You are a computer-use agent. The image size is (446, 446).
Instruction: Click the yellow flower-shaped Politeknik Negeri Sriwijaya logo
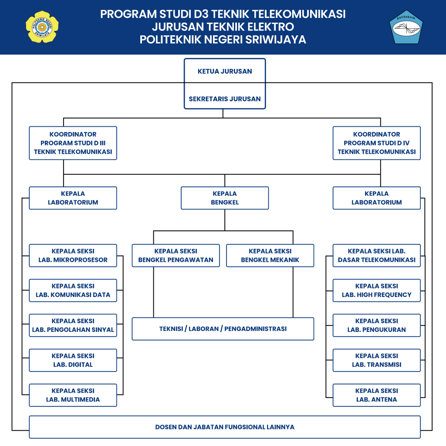42,27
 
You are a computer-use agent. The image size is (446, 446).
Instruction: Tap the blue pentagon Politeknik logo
406,27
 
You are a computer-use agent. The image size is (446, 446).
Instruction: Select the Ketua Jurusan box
225,71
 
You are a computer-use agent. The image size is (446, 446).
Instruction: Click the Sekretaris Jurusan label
225,99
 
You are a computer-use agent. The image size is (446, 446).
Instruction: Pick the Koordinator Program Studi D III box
73,143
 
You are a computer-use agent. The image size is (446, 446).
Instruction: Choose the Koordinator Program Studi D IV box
377,143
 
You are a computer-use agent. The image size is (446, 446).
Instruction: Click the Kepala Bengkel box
225,198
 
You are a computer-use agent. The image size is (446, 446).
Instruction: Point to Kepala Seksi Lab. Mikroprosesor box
73,255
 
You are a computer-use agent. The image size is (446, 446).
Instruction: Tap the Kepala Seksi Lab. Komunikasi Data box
73,291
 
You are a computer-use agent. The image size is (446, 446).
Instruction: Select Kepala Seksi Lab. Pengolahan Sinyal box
73,325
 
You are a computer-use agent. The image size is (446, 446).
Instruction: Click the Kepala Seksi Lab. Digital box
73,360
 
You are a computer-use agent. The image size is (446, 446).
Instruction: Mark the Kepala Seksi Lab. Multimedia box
73,395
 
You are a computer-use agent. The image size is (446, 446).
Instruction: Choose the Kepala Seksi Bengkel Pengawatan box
176,255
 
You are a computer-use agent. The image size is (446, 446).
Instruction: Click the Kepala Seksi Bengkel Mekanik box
270,255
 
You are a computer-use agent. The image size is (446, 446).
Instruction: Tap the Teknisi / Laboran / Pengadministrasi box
223,329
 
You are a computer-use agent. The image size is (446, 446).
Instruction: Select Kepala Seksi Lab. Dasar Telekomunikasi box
377,255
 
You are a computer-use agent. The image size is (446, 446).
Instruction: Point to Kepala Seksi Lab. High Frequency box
377,291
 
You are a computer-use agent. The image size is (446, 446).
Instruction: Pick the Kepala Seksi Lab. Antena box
377,395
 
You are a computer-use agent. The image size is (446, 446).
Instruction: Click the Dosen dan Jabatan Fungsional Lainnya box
225,427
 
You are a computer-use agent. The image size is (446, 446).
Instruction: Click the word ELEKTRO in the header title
270,27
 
